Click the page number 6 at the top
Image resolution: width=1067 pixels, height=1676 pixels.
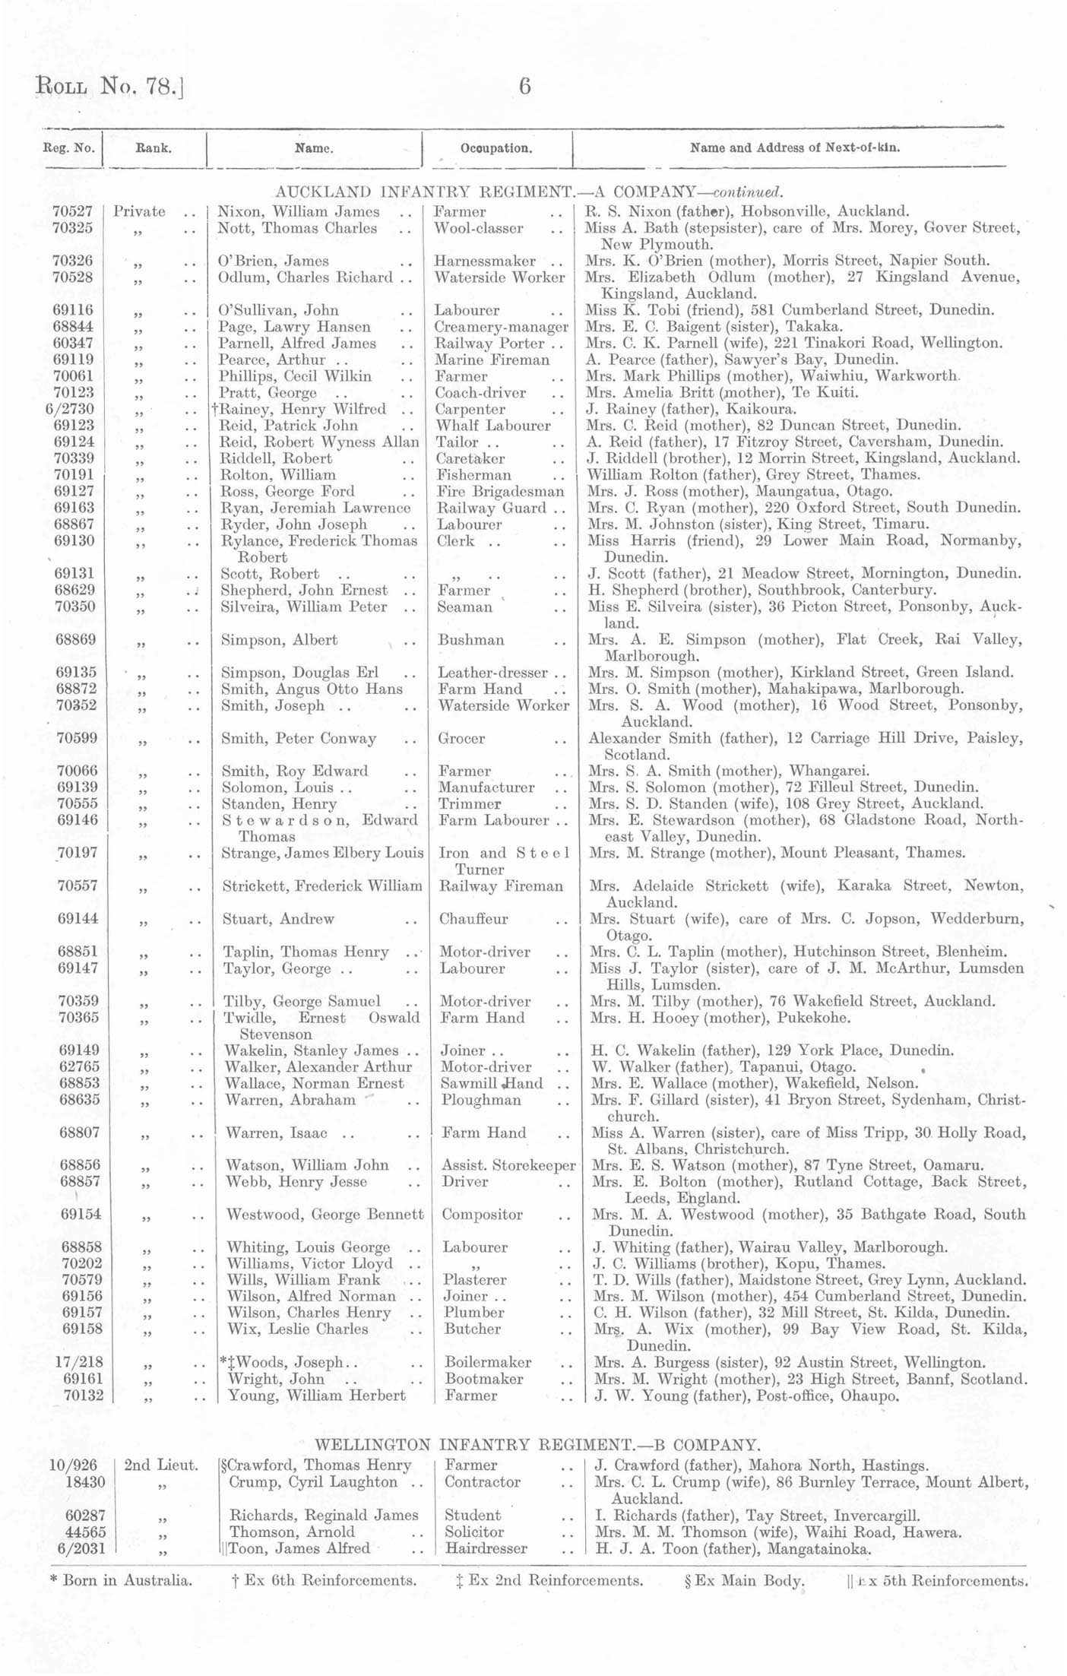click(524, 87)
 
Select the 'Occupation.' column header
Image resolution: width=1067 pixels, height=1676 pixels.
click(496, 148)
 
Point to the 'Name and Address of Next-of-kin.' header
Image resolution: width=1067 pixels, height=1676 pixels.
click(795, 147)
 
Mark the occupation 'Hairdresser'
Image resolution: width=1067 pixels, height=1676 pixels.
click(486, 1548)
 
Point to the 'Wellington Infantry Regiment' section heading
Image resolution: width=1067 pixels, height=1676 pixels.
click(537, 1444)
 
